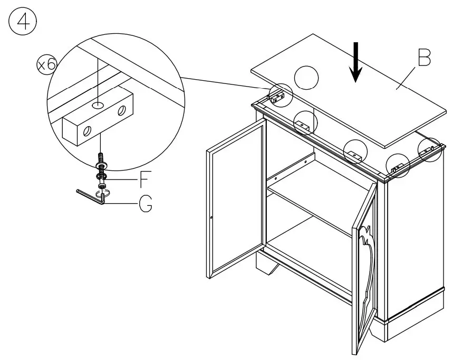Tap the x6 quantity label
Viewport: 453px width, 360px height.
[x=46, y=64]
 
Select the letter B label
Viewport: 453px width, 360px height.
[x=423, y=59]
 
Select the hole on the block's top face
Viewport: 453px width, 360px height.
[x=98, y=106]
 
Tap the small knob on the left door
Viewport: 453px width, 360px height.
[x=211, y=218]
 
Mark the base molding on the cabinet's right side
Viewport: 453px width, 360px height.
[x=417, y=311]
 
